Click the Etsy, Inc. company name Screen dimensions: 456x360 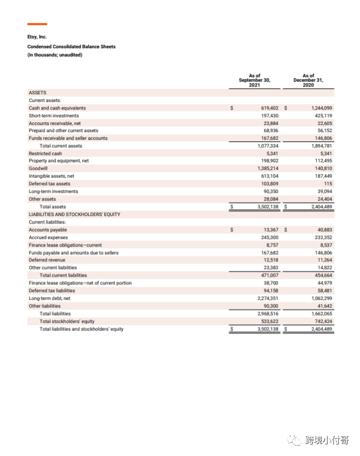(37, 37)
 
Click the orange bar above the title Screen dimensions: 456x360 (37, 24)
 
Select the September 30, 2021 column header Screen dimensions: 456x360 (254, 80)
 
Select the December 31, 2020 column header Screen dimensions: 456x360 (308, 80)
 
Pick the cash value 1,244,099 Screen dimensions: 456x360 (321, 109)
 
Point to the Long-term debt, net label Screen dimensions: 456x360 (49, 298)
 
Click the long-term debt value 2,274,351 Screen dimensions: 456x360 (267, 298)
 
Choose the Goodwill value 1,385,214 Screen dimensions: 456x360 (267, 169)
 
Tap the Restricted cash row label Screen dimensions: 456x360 (45, 153)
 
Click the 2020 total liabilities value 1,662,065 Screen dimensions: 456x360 (321, 314)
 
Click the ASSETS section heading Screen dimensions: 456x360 (37, 93)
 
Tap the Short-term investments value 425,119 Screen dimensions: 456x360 (323, 116)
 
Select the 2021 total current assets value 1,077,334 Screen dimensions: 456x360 (267, 146)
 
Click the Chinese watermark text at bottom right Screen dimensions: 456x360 (327, 440)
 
